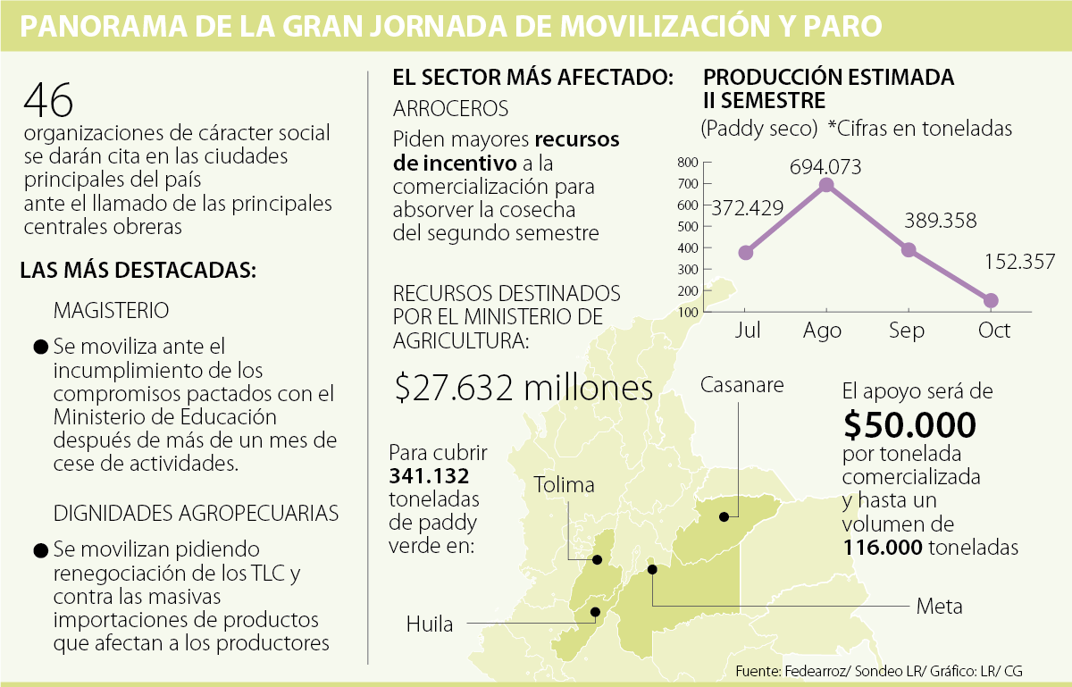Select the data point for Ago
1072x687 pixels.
[826, 185]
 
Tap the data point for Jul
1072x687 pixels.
[746, 253]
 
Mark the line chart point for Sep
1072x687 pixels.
[909, 250]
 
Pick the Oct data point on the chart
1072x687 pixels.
[991, 300]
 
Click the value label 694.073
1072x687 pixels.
[826, 166]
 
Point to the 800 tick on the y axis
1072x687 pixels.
[687, 163]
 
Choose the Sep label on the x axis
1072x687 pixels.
[907, 331]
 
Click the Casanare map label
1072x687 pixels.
[741, 385]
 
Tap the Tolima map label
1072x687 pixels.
[564, 484]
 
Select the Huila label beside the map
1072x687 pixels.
[429, 624]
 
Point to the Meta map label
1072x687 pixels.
[940, 607]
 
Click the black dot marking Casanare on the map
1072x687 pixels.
[723, 516]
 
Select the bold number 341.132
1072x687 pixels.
[429, 475]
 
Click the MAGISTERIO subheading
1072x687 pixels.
[111, 310]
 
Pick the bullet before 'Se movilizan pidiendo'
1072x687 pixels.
[39, 550]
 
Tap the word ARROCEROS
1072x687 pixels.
[451, 109]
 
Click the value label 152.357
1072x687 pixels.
[1021, 262]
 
